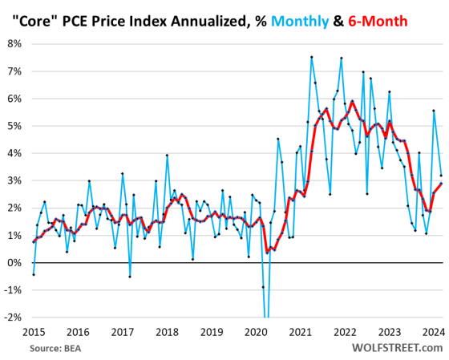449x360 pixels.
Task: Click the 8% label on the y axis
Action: (16, 43)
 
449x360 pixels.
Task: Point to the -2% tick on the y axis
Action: (14, 317)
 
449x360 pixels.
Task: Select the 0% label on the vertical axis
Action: (16, 262)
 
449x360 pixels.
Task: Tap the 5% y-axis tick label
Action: (16, 126)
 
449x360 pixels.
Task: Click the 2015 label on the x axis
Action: (34, 331)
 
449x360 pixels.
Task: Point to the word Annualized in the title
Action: (191, 19)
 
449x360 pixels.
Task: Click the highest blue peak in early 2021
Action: (311, 57)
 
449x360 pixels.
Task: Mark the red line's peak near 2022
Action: (352, 101)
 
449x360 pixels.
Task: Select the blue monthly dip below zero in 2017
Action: (130, 277)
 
